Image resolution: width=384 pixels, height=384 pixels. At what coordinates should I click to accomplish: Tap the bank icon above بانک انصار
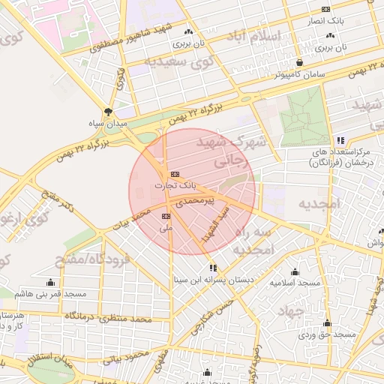pos(325,9)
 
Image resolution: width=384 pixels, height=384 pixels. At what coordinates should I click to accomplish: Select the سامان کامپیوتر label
pos(299,74)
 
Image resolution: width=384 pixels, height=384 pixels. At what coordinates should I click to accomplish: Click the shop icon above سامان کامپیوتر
pos(300,63)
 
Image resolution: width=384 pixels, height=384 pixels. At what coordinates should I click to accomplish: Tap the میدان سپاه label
pos(109,122)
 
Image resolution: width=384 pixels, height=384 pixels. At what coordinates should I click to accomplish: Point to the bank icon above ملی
pos(166,216)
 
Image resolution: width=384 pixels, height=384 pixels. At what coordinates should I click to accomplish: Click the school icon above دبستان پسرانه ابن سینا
pos(214,267)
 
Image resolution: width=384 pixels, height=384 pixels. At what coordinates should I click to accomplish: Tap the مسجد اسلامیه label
pos(295,283)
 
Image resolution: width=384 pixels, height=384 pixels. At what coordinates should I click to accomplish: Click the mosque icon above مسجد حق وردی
pos(327,323)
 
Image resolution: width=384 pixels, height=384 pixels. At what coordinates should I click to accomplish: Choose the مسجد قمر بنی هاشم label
pos(50,293)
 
